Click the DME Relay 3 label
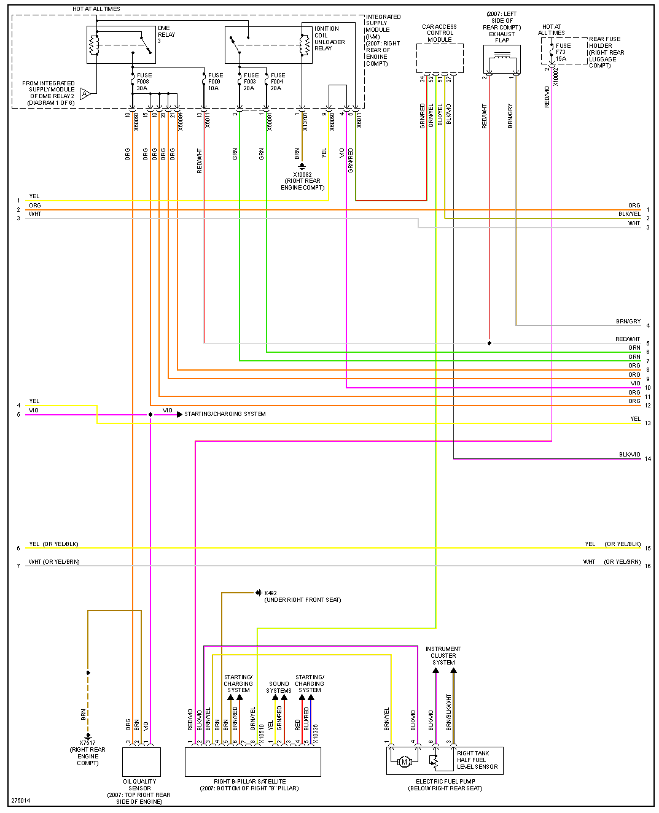(x=166, y=34)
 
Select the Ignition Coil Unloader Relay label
(x=330, y=38)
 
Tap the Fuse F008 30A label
(x=143, y=82)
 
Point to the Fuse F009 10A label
(x=215, y=82)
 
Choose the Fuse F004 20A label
(x=277, y=82)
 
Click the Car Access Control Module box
(x=440, y=59)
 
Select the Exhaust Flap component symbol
(x=502, y=61)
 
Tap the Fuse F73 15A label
(x=562, y=52)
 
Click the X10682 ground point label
(x=302, y=181)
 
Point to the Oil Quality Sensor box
(x=141, y=761)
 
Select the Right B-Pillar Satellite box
(x=252, y=761)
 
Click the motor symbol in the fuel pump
(x=404, y=762)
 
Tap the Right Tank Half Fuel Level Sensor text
(x=477, y=760)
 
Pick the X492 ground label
(x=302, y=596)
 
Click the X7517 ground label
(x=88, y=752)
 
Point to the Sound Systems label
(x=279, y=687)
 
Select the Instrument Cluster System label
(x=443, y=655)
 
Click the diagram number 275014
(x=20, y=801)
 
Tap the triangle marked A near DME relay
(x=85, y=93)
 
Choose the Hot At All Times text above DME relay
(x=96, y=9)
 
